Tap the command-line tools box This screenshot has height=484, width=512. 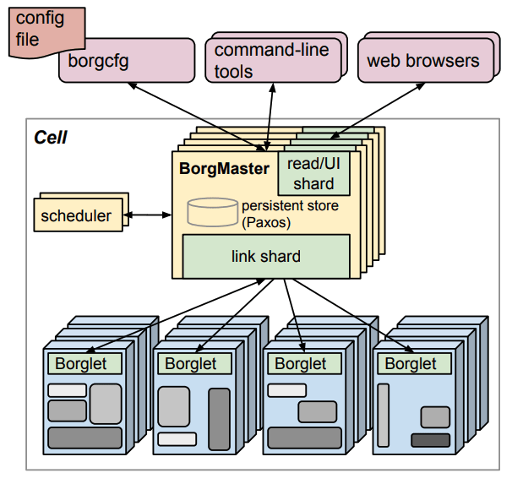270,60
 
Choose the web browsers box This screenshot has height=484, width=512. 422,60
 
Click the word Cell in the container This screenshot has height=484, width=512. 50,137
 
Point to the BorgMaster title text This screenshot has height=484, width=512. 224,168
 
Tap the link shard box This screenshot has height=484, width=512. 266,256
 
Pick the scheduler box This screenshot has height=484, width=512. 76,215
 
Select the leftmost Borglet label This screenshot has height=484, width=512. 81,364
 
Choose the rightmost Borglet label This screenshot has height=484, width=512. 411,364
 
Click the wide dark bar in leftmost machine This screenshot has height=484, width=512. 84,438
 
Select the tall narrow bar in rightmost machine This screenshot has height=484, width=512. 384,415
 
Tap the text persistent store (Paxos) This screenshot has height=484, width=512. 290,214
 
